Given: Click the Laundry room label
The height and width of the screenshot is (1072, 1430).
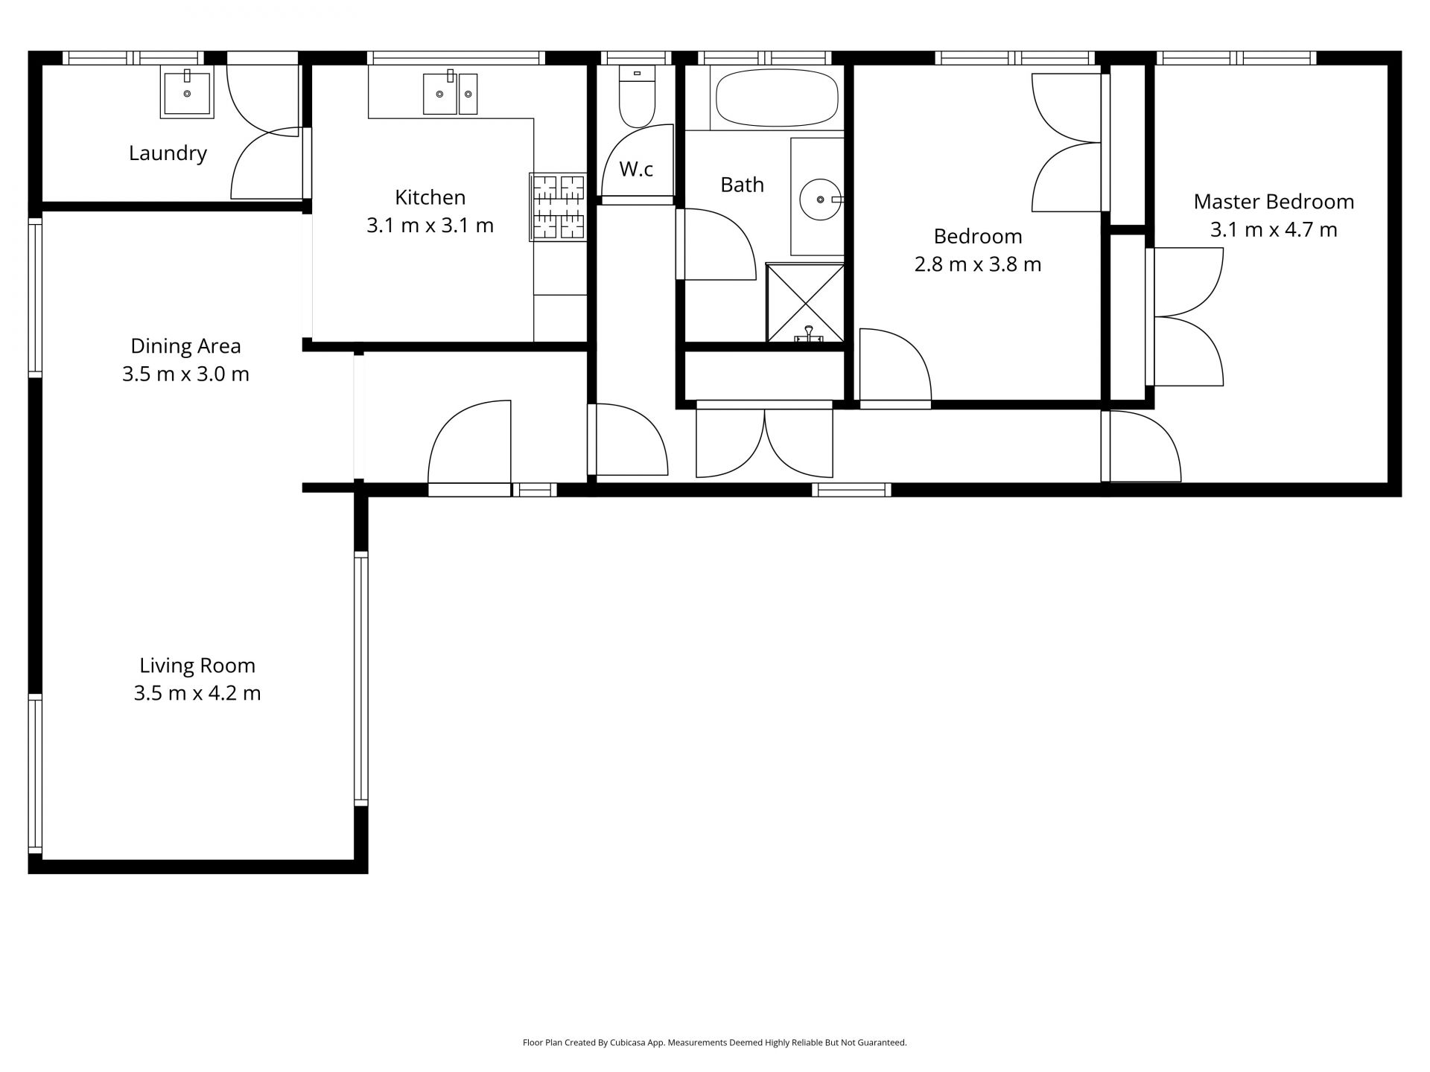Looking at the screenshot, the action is tap(168, 154).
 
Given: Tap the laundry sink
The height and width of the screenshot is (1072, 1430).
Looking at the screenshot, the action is tap(187, 92).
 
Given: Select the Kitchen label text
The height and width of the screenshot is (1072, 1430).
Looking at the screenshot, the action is tap(430, 197).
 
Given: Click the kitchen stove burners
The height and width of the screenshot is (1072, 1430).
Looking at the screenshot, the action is tap(558, 207).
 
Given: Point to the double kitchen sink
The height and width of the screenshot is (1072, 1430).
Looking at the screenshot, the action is tap(451, 93).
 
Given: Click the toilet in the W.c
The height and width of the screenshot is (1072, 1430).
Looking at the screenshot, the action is tap(637, 96).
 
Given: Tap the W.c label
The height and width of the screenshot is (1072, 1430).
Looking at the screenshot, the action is tap(636, 170).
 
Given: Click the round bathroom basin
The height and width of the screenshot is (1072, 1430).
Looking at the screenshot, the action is tap(821, 200).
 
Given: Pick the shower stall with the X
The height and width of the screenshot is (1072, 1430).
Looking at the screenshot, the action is tap(805, 302).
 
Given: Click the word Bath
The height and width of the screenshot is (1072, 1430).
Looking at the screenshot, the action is tap(742, 185).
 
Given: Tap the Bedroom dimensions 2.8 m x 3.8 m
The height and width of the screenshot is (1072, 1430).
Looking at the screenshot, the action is tap(978, 264).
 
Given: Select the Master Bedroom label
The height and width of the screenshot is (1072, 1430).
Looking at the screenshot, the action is tap(1274, 202).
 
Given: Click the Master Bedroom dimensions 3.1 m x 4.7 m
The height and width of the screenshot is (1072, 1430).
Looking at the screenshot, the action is tap(1274, 230).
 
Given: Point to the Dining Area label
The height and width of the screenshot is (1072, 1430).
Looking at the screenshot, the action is tap(185, 347).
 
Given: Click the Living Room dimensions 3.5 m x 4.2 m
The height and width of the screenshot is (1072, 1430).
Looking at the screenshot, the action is tap(197, 694).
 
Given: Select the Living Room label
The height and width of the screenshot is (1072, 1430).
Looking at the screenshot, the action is tap(197, 666).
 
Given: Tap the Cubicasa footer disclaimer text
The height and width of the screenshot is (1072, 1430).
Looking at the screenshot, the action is tap(715, 1043).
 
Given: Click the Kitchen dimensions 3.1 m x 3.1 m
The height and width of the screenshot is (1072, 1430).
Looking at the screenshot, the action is tap(430, 226).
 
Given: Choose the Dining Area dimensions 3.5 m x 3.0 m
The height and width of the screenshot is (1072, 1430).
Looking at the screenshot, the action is tap(185, 374).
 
